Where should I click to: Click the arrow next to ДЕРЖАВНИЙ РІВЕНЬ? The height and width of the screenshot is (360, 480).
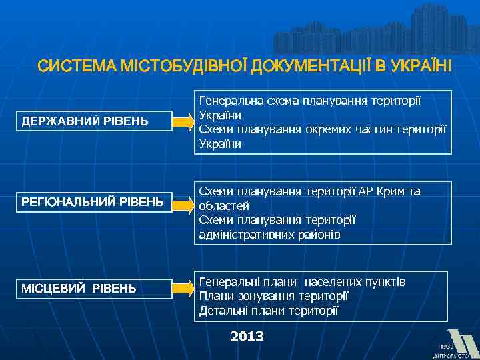coord(181,122)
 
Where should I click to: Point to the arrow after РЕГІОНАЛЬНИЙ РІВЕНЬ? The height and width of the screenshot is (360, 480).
coord(181,201)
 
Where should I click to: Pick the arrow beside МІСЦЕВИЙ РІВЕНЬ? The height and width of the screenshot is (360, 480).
coord(181,288)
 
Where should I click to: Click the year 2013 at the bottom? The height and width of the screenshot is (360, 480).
coord(247,337)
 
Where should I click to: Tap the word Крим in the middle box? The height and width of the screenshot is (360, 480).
coord(391,191)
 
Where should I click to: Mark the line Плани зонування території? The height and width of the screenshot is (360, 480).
coord(273,296)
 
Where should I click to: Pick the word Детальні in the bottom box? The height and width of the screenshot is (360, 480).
coord(223,311)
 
